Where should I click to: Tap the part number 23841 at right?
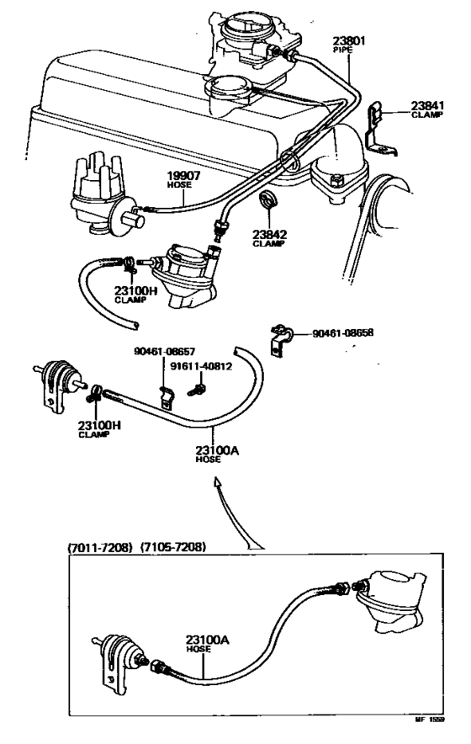426,105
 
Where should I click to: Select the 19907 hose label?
181,176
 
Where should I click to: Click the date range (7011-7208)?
100,547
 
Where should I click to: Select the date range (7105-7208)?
173,547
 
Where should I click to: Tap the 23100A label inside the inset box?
207,640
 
